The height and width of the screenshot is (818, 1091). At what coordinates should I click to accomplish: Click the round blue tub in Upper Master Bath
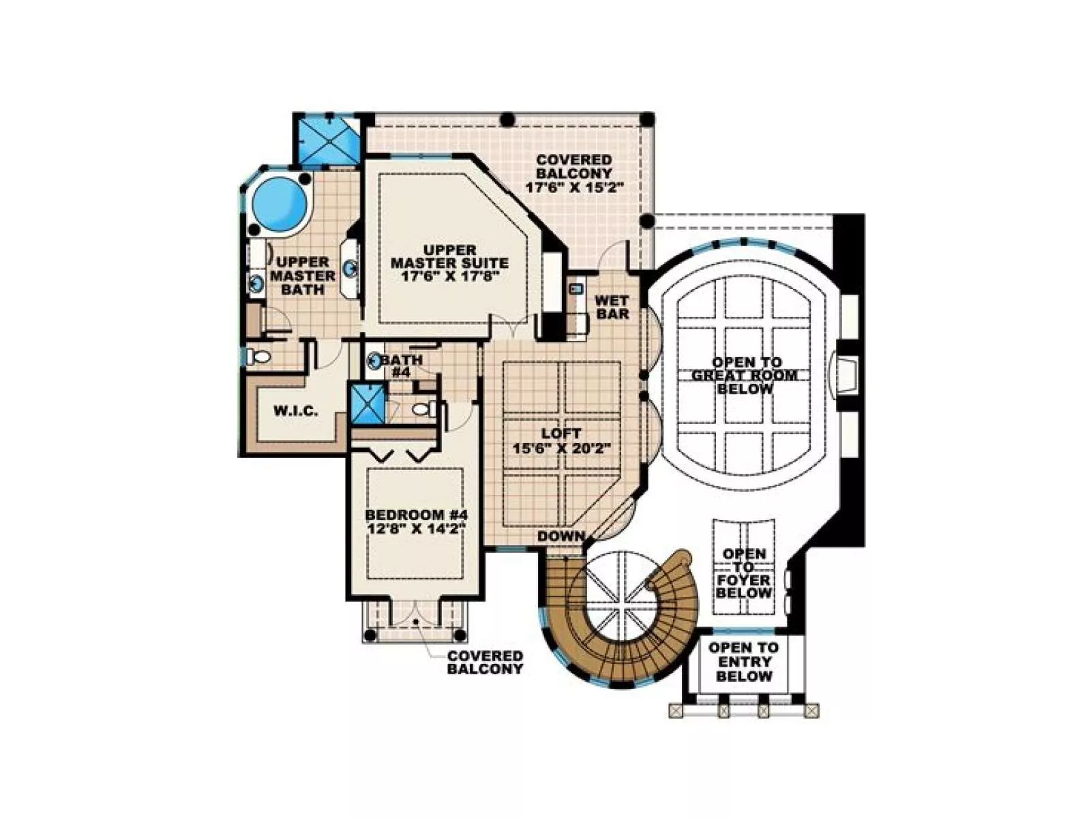point(280,204)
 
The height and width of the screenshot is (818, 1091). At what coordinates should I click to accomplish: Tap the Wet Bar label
point(612,307)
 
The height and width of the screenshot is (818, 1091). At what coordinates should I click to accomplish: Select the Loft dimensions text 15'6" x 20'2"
point(561,449)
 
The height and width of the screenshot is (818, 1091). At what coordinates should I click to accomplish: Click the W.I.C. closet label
point(296,410)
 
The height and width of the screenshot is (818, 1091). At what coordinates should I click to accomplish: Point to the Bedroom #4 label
point(416,515)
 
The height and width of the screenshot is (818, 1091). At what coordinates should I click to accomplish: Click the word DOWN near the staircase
point(561,536)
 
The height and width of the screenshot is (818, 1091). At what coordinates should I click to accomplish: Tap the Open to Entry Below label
point(743,661)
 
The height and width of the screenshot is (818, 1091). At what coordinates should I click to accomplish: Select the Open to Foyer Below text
point(743,573)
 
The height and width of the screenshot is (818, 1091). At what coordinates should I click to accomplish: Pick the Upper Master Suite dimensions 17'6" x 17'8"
point(449,276)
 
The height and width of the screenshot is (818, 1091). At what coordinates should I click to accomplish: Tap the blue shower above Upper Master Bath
point(327,141)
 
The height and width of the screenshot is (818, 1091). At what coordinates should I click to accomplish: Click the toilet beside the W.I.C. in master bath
point(258,357)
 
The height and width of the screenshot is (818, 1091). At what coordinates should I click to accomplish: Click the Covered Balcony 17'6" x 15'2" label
point(574,174)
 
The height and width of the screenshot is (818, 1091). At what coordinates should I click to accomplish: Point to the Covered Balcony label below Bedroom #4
point(485,662)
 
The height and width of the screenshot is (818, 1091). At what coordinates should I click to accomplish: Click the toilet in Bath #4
point(423,409)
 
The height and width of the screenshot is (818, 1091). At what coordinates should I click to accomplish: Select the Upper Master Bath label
point(303,275)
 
